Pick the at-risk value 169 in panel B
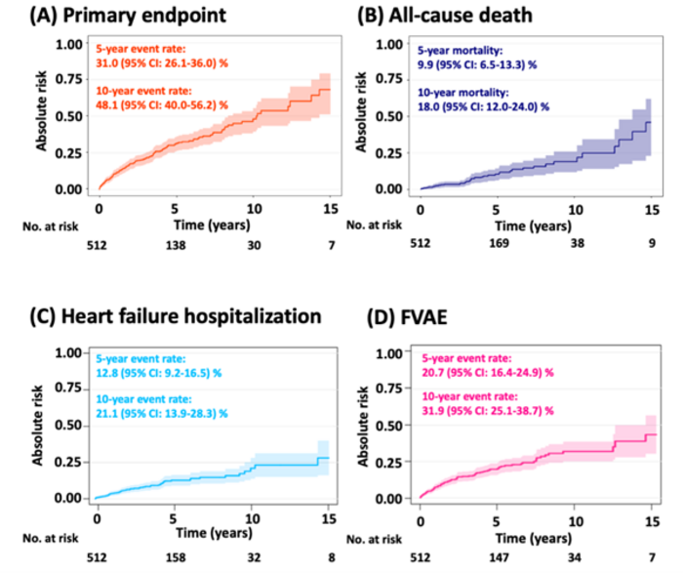coord(498,244)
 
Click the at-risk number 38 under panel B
coord(576,244)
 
